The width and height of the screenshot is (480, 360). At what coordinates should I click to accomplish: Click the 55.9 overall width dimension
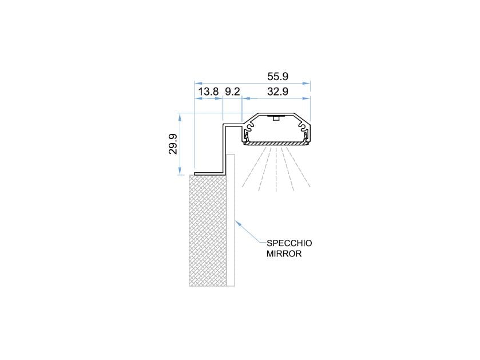[x=277, y=76]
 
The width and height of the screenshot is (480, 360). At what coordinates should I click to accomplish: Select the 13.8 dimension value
[x=208, y=92]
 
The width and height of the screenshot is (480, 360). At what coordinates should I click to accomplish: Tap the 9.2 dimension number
[x=232, y=92]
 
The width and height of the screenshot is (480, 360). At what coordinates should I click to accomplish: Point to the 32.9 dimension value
[x=277, y=92]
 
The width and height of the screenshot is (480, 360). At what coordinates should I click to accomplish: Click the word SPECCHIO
[x=289, y=243]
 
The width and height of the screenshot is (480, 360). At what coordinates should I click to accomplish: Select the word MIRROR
[x=284, y=253]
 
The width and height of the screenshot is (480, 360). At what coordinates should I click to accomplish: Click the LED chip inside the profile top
[x=276, y=118]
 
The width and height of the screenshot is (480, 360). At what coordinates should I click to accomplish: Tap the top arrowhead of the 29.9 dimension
[x=181, y=114]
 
